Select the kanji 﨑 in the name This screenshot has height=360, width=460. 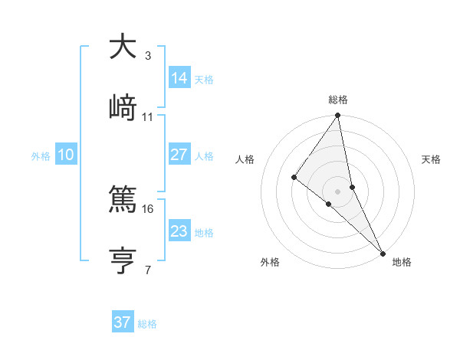pyautogui.click(x=123, y=108)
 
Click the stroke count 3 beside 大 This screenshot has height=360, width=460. pyautogui.click(x=148, y=55)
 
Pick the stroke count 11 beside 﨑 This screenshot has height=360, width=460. pyautogui.click(x=148, y=116)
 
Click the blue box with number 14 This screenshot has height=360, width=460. pyautogui.click(x=179, y=77)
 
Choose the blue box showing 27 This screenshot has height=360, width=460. pyautogui.click(x=179, y=154)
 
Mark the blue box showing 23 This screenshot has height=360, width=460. pyautogui.click(x=179, y=231)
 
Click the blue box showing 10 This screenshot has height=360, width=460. pyautogui.click(x=66, y=155)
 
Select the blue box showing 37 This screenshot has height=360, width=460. pyautogui.click(x=123, y=322)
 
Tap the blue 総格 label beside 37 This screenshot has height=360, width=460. pyautogui.click(x=147, y=324)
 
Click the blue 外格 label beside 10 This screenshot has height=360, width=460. pyautogui.click(x=41, y=156)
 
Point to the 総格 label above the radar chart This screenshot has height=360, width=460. pyautogui.click(x=338, y=100)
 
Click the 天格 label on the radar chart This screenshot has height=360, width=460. pyautogui.click(x=431, y=159)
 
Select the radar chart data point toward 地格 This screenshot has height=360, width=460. pyautogui.click(x=383, y=252)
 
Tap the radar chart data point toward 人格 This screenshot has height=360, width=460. pyautogui.click(x=294, y=177)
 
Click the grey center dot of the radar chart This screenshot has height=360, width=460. pyautogui.click(x=338, y=191)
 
